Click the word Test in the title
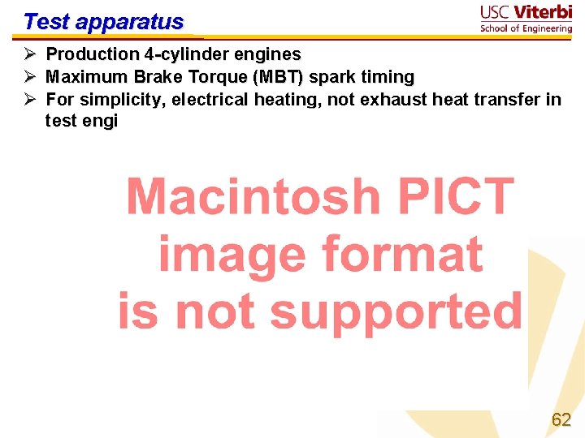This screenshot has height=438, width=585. (x=44, y=21)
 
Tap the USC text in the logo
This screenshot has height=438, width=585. (x=497, y=13)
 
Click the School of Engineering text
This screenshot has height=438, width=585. (x=526, y=28)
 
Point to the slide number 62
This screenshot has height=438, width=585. (x=561, y=419)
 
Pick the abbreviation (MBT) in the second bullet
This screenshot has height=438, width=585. (x=278, y=77)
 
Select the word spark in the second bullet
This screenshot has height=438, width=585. (x=333, y=77)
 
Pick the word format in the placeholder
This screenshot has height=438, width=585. (x=401, y=254)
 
